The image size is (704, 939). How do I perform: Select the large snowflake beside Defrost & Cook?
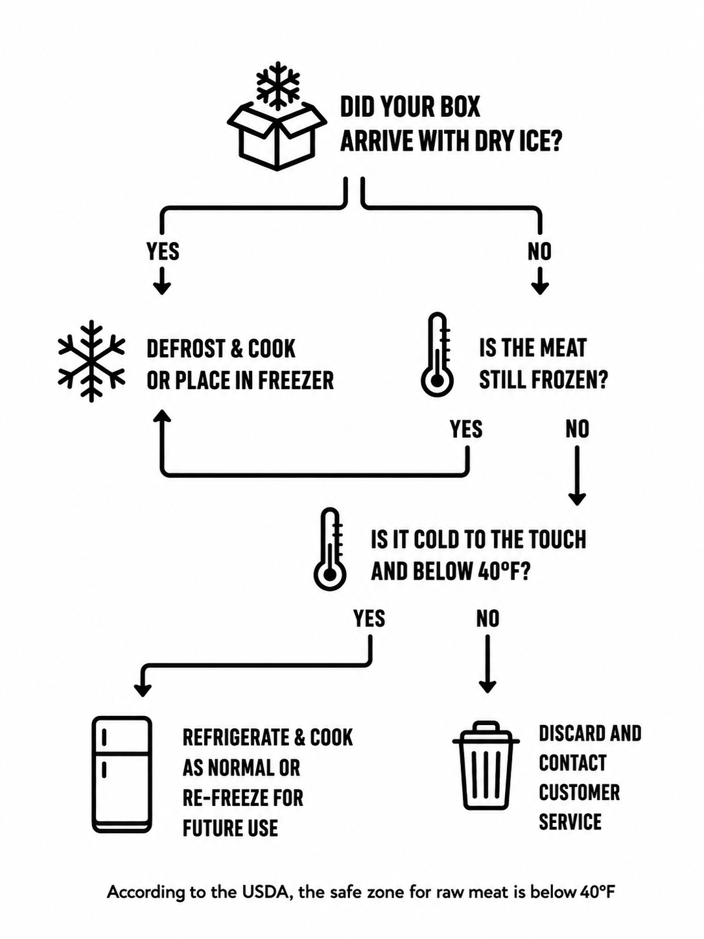click(x=91, y=361)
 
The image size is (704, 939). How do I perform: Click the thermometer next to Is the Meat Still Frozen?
click(x=437, y=355)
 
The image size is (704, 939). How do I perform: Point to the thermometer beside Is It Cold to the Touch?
click(x=329, y=549)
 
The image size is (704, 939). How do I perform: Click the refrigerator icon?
click(x=123, y=774)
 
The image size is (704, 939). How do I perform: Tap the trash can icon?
click(x=486, y=766)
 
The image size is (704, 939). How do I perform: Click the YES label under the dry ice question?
click(x=163, y=251)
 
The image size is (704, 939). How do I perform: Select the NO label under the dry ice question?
click(x=540, y=251)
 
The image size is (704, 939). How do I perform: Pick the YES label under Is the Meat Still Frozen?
click(x=466, y=429)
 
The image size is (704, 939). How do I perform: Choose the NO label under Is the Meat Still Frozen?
click(x=578, y=429)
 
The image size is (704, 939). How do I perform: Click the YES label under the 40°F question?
click(x=370, y=619)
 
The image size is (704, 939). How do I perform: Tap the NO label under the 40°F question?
click(x=487, y=619)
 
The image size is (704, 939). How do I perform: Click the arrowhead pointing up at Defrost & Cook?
click(x=162, y=416)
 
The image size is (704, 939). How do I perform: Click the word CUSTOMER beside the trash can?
click(x=579, y=792)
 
